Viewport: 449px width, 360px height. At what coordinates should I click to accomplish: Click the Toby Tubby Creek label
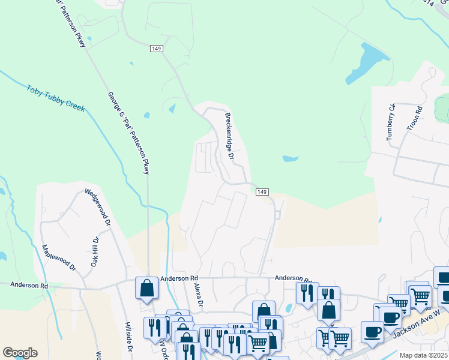(x=55, y=98)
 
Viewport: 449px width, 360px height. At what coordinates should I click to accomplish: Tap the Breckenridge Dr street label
(x=229, y=136)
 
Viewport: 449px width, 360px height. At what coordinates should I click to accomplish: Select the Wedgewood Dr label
(x=99, y=207)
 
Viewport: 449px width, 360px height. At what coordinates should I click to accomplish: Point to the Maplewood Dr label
(x=59, y=257)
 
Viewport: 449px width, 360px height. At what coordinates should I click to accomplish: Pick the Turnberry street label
(x=391, y=122)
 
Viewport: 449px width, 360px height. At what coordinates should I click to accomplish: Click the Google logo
(x=20, y=353)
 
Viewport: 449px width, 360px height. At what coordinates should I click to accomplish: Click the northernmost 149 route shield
(x=157, y=49)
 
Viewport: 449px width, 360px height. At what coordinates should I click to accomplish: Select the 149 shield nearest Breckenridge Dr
(x=261, y=191)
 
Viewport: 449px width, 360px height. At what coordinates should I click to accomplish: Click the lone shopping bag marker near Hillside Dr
(x=146, y=289)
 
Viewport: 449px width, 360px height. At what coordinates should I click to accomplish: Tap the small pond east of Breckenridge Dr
(x=290, y=159)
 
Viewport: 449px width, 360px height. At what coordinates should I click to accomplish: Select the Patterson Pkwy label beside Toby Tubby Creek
(x=128, y=133)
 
